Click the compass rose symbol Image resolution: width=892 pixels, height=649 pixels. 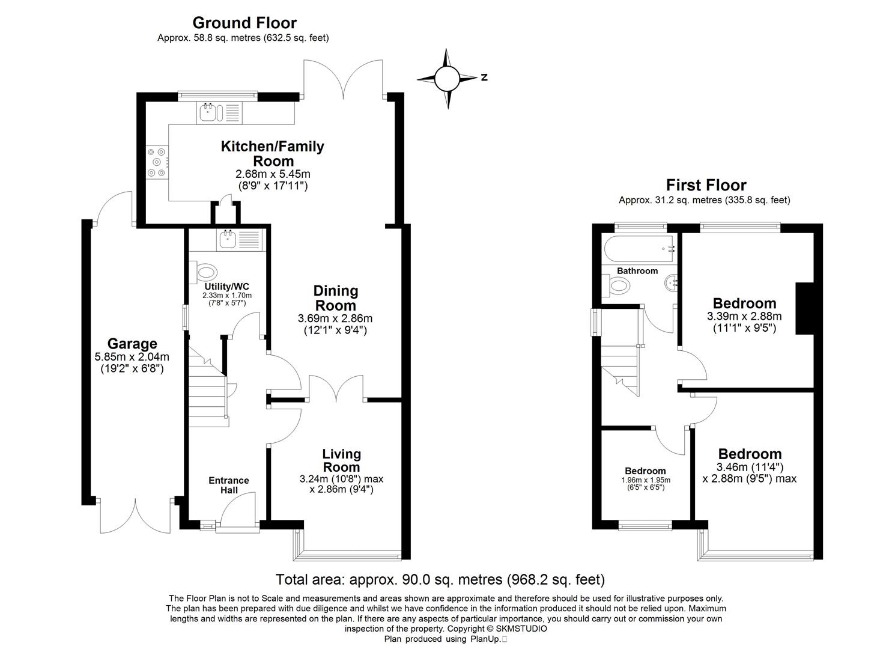[x=447, y=78]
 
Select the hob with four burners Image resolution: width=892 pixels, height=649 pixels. [x=157, y=162]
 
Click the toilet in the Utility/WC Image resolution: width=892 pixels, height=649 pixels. [x=201, y=272]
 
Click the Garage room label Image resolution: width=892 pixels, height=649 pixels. [x=132, y=344]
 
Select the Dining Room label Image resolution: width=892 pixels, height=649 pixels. [x=336, y=298]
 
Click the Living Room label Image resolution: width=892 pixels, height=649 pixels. [x=341, y=460]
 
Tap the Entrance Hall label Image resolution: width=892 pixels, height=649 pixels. [x=228, y=485]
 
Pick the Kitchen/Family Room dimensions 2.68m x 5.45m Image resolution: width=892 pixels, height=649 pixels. [x=273, y=174]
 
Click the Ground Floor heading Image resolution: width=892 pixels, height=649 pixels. [x=244, y=23]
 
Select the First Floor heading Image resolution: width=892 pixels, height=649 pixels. [x=706, y=185]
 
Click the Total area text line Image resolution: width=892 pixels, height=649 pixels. [x=440, y=579]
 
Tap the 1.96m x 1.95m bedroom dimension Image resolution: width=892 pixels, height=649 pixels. [x=645, y=480]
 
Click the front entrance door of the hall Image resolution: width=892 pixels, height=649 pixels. [x=238, y=516]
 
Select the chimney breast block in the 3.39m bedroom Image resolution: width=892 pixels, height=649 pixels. [x=804, y=308]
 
